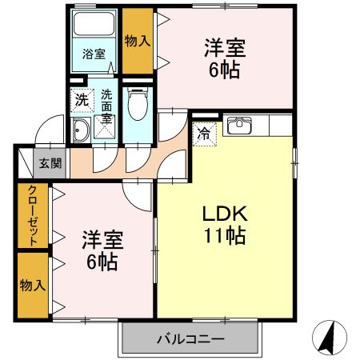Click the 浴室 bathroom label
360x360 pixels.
tap(94, 54)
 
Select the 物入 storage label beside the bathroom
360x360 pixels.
tap(138, 40)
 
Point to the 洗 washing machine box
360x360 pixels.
tap(81, 101)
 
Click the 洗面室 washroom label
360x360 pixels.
tap(106, 106)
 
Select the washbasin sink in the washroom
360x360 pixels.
tap(80, 131)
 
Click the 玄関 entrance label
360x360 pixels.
tap(50, 164)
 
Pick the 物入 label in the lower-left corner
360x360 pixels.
tap(32, 285)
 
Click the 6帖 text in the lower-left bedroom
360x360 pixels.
tap(101, 262)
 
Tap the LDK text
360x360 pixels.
tap(226, 214)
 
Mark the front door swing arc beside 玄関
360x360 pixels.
tap(50, 128)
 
